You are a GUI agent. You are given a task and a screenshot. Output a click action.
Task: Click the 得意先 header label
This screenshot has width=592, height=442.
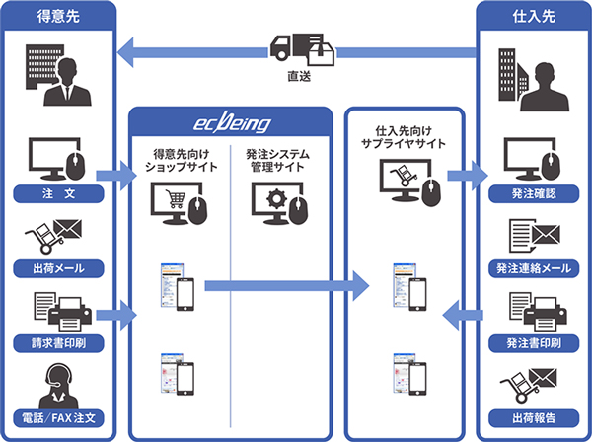[x=58, y=16]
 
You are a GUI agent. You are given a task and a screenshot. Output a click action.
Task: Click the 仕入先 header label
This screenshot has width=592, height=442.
[x=534, y=16]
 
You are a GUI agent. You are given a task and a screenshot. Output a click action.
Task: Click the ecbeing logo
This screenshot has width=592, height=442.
[x=232, y=123]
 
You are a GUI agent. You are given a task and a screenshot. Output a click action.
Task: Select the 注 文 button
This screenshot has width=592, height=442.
[x=58, y=194]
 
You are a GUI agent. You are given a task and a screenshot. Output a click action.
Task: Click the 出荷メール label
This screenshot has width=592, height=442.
[x=58, y=268]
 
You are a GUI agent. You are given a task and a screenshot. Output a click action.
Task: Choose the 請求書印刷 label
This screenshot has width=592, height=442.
[x=58, y=343]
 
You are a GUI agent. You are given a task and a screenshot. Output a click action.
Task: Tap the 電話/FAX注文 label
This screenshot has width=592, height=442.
[x=58, y=418]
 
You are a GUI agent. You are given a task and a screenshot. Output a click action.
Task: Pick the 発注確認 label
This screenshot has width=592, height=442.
[x=534, y=194]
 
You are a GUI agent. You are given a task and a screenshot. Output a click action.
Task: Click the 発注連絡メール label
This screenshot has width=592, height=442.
[x=534, y=268]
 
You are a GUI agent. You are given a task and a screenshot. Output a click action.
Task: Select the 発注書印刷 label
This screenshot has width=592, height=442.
[x=534, y=343]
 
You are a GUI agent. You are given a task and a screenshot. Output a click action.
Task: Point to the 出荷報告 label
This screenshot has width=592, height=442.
[x=534, y=418]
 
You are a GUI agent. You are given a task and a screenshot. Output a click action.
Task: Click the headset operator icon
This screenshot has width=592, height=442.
[x=58, y=386]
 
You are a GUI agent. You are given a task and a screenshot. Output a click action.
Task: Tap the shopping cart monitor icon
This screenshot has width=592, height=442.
[x=179, y=203]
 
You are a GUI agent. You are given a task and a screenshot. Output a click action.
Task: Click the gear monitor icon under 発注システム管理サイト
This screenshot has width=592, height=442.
[x=280, y=203]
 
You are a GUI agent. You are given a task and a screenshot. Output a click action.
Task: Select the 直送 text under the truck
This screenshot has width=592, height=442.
[x=299, y=76]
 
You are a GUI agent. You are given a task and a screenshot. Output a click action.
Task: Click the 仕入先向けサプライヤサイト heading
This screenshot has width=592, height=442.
[x=404, y=137]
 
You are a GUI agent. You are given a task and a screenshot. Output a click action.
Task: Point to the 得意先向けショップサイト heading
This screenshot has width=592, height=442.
[x=182, y=160]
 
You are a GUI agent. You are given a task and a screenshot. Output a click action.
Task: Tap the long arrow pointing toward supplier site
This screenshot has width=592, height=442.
[x=287, y=286]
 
